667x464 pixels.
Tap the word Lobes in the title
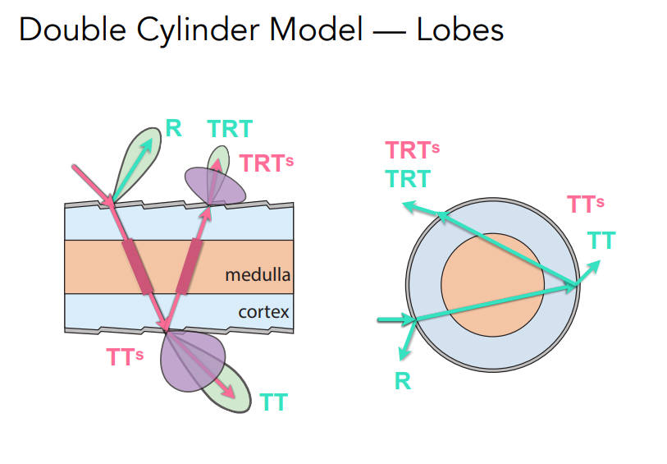point(459,30)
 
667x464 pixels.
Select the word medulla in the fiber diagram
point(258,274)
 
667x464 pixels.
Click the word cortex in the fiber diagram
point(264,312)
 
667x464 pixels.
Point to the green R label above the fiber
point(173,127)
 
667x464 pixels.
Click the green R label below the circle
point(402,381)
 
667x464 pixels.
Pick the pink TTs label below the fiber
point(126,356)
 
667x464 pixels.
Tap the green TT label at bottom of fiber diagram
point(273,402)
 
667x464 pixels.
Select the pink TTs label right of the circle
point(586,204)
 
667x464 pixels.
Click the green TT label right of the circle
point(601,240)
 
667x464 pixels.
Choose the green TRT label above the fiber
point(230,129)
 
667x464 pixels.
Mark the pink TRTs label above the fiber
point(266,162)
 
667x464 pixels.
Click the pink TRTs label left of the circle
point(413,150)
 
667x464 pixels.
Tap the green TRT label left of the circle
point(408,178)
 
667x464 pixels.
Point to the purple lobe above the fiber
point(214,186)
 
